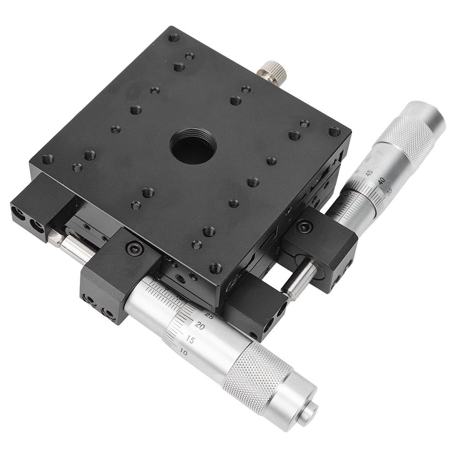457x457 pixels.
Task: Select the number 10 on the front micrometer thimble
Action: [184, 352]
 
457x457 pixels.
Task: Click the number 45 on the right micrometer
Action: [369, 173]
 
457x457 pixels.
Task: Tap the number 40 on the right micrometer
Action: [380, 182]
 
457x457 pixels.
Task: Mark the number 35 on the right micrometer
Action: [389, 192]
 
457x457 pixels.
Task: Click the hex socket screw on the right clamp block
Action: [305, 226]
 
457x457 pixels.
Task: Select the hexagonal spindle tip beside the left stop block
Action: [55, 238]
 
